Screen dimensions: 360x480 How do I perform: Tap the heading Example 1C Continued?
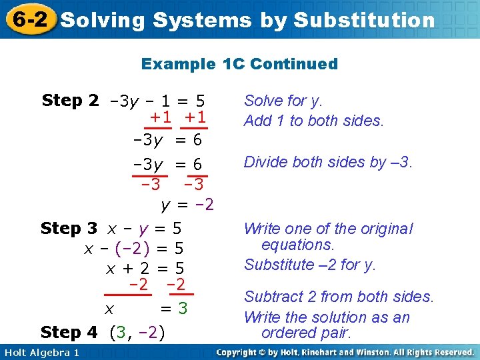[x=239, y=64]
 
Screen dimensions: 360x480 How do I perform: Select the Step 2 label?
[x=70, y=101]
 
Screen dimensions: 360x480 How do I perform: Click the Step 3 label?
[x=69, y=229]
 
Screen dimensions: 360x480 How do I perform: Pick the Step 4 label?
[x=69, y=331]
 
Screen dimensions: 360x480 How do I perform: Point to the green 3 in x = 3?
[x=182, y=309]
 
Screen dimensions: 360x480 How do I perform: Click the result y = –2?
[x=187, y=204]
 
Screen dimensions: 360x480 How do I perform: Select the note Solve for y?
[x=283, y=101]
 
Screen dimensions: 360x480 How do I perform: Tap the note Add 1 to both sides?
[x=314, y=121]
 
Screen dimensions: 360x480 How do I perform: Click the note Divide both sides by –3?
[x=329, y=162]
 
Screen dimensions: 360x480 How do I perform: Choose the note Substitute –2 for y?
[x=310, y=265]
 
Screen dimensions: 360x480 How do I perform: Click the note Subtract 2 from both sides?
[x=339, y=297]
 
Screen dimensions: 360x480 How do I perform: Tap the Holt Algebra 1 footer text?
[x=41, y=352]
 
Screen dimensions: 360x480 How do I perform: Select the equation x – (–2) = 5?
[x=133, y=249]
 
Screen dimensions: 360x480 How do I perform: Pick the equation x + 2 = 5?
[x=145, y=269]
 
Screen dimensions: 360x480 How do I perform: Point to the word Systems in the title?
[x=201, y=20]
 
